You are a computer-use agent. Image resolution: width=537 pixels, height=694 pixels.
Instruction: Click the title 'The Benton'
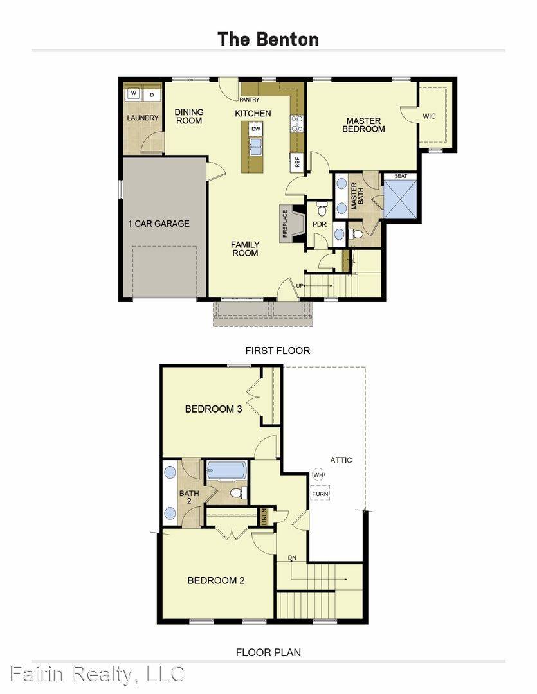(x=268, y=39)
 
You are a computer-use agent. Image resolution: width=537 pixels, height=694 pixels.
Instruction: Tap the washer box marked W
(x=133, y=94)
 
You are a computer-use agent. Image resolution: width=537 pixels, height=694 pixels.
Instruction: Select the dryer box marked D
(x=152, y=94)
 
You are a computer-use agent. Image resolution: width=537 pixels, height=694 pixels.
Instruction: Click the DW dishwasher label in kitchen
(x=255, y=128)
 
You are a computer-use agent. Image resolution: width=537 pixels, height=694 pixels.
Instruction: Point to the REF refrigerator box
(x=297, y=161)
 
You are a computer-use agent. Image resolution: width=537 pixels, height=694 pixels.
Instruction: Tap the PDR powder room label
(x=320, y=225)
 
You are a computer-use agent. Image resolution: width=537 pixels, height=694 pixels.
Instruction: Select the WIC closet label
(x=430, y=116)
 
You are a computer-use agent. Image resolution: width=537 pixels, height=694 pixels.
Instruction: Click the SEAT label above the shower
(x=400, y=176)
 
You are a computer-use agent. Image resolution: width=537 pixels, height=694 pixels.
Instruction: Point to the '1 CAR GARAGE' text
(x=158, y=224)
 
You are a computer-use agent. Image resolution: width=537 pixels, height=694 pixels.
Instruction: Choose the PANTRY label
(x=249, y=100)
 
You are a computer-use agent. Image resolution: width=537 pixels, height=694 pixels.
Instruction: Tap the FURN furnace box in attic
(x=320, y=494)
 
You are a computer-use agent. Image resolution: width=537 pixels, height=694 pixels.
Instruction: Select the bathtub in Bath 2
(x=226, y=471)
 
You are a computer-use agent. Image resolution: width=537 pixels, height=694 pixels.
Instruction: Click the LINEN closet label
(x=263, y=516)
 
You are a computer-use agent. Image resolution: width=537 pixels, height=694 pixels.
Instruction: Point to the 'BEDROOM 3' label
(x=213, y=409)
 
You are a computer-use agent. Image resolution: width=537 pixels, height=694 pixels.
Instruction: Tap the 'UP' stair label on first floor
(x=300, y=285)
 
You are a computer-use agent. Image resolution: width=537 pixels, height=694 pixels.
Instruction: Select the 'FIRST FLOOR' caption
(x=277, y=351)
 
